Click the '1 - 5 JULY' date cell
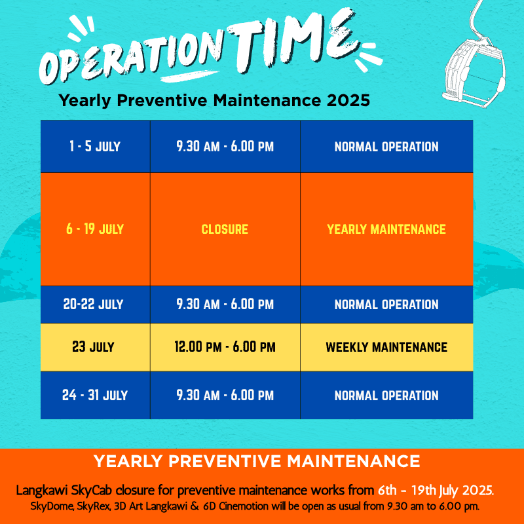pos(95,146)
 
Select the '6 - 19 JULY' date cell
pos(95,229)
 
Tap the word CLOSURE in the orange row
pos(225,229)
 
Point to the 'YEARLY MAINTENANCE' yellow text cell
pos(386,229)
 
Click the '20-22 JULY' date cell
pos(95,305)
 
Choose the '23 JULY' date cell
pos(95,347)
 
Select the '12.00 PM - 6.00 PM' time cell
pos(225,347)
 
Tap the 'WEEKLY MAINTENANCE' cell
pos(386,347)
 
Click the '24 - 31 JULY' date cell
pos(95,396)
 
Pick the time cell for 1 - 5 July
pos(225,146)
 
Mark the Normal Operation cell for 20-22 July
pos(386,305)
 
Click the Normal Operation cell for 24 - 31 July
pos(386,396)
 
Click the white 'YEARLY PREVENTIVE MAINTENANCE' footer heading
pos(257,462)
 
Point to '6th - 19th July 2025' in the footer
pos(436,491)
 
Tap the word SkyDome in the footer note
pos(52,506)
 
